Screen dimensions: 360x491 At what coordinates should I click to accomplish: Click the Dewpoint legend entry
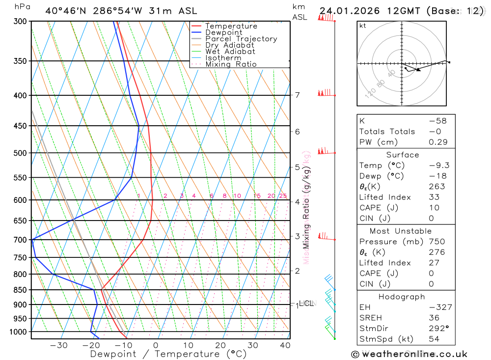pyautogui.click(x=223, y=32)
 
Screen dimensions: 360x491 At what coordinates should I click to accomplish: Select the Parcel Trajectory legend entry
pyautogui.click(x=241, y=39)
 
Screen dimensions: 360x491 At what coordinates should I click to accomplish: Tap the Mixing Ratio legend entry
pyautogui.click(x=231, y=64)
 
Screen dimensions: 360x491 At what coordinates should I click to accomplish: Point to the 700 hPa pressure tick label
pyautogui.click(x=20, y=240)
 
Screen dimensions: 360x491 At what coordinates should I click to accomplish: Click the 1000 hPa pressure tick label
pyautogui.click(x=18, y=332)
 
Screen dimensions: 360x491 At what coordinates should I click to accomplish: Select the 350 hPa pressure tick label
pyautogui.click(x=20, y=61)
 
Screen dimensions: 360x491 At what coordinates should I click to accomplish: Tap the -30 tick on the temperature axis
pyautogui.click(x=59, y=345)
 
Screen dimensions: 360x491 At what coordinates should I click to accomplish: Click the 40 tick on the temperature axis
pyautogui.click(x=285, y=345)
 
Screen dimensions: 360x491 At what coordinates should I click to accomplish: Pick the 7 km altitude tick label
pyautogui.click(x=298, y=95)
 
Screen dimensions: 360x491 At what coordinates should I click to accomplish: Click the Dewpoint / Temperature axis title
pyautogui.click(x=168, y=354)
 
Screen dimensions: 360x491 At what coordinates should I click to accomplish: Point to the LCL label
pyautogui.click(x=306, y=304)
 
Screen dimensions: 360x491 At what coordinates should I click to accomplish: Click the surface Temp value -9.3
pyautogui.click(x=439, y=166)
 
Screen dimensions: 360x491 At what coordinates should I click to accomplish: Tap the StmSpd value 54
pyautogui.click(x=434, y=339)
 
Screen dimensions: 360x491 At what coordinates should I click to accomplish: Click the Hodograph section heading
pyautogui.click(x=402, y=297)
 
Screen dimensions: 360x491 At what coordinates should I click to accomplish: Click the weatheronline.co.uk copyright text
pyautogui.click(x=409, y=354)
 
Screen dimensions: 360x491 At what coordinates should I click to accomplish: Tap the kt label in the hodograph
pyautogui.click(x=363, y=26)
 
